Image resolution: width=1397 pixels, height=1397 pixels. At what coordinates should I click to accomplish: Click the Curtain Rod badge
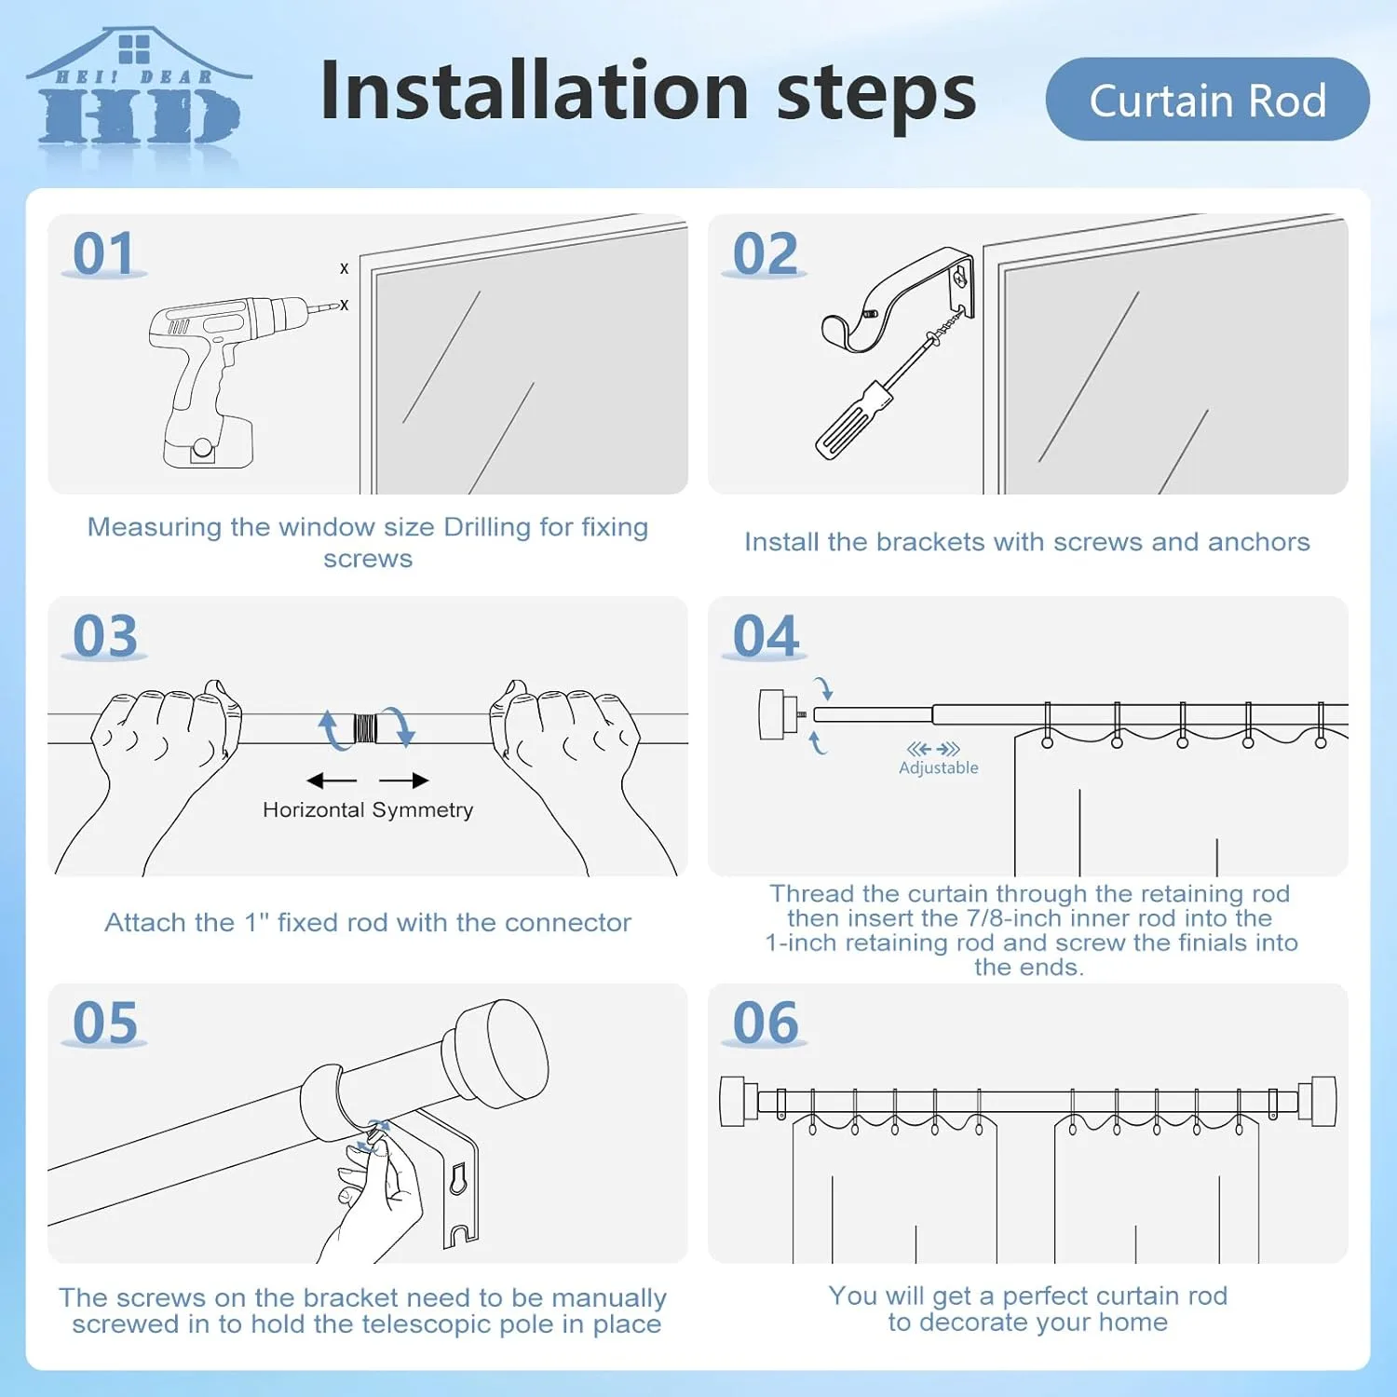coord(1207,100)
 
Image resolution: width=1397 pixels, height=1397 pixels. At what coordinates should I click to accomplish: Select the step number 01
coord(103,253)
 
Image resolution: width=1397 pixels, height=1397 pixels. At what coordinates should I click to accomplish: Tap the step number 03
coord(105,636)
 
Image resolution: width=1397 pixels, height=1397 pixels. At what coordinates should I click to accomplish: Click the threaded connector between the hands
coord(367,727)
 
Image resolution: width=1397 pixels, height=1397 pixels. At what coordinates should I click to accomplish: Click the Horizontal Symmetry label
coord(368,809)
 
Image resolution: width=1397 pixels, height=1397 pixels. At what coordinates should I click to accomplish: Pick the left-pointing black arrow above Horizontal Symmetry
coord(331,780)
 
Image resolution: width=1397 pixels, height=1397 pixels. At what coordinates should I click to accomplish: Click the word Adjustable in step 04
coord(938,767)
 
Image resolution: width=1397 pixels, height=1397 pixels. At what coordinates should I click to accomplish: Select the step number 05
coord(105,1023)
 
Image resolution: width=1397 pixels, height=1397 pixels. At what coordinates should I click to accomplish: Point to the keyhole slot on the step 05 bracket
coord(457,1179)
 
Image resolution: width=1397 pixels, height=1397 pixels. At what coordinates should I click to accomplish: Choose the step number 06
coord(766,1023)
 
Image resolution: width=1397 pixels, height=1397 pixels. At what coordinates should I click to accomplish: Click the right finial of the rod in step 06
coord(1323,1101)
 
